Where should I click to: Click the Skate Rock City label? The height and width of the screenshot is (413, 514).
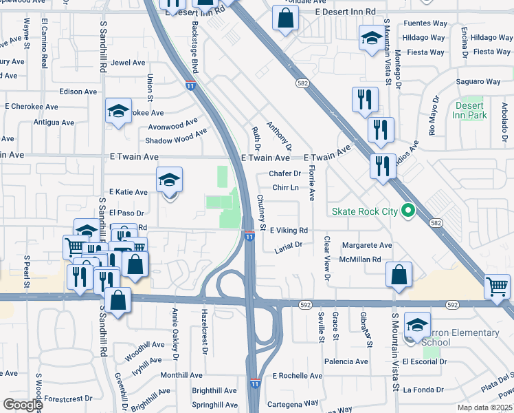tap(364, 211)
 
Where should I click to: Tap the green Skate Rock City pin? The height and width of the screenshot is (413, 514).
tap(408, 211)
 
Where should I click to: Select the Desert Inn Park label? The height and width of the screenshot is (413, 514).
tap(471, 110)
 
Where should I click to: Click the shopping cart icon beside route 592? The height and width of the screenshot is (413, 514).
tap(497, 286)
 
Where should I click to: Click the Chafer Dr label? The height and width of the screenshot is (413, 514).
tap(285, 174)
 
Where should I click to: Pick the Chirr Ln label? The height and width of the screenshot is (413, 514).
tap(285, 187)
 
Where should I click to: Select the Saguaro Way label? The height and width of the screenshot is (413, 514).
tap(479, 82)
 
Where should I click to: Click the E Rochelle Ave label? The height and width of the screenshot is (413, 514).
tap(297, 376)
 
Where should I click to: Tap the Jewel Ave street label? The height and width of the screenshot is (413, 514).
tap(128, 63)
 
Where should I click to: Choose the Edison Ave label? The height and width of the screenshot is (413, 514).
tap(78, 92)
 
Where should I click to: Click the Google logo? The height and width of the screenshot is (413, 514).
tap(22, 405)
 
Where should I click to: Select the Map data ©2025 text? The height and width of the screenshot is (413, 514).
tap(485, 407)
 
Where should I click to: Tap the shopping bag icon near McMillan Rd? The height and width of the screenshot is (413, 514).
tap(399, 275)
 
